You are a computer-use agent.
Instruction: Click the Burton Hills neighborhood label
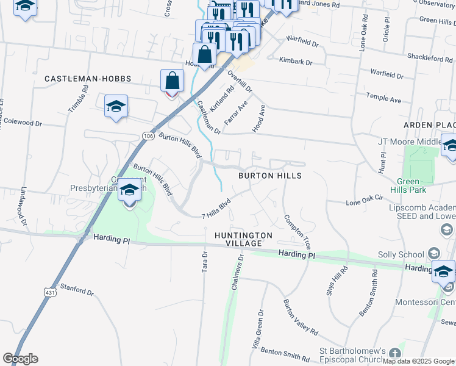pos(269,175)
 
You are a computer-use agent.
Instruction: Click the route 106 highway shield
pos(148,135)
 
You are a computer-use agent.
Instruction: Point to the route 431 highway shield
pos(49,293)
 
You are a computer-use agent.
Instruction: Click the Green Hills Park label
pos(417,185)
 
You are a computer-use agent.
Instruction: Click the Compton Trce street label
pos(297,232)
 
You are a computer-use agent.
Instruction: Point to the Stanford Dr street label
pos(77,289)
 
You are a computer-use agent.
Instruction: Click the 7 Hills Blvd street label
pos(216,208)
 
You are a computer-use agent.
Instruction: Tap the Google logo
pos(20,359)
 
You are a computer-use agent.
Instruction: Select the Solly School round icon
pos(433,253)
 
